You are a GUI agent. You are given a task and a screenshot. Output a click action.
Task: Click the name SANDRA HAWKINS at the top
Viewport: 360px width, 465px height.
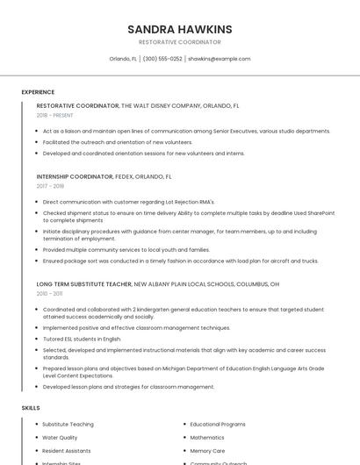click(x=180, y=29)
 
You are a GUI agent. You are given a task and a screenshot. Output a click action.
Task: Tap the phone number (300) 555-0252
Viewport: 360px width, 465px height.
click(x=162, y=59)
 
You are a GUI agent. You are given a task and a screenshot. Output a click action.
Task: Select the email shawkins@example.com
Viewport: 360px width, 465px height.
click(x=220, y=59)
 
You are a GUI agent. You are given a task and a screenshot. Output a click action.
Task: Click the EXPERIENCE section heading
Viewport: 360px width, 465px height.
click(x=38, y=92)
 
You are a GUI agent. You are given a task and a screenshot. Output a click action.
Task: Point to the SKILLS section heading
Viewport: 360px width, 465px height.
click(x=31, y=408)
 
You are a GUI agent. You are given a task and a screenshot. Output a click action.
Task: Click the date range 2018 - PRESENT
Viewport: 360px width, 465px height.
click(x=55, y=115)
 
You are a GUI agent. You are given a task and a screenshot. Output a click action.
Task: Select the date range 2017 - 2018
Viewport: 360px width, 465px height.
click(x=51, y=186)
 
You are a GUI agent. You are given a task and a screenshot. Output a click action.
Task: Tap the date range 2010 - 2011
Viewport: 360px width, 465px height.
click(x=49, y=294)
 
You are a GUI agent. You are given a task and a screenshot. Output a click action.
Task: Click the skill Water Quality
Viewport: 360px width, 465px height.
click(x=60, y=437)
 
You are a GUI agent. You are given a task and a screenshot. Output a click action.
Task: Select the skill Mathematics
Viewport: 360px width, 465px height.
click(x=207, y=437)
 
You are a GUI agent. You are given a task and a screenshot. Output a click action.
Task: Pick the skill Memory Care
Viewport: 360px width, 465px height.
click(x=208, y=450)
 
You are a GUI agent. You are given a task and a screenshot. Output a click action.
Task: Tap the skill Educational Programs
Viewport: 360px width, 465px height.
click(x=218, y=424)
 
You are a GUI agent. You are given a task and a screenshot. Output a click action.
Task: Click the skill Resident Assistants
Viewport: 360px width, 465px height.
click(x=67, y=450)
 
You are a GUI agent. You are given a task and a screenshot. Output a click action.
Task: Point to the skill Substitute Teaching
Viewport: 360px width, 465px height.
click(x=68, y=424)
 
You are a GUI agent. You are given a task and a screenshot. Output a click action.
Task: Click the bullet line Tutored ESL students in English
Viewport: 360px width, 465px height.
click(x=82, y=339)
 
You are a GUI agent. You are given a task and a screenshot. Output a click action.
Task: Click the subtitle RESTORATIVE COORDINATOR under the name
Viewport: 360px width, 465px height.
click(x=180, y=42)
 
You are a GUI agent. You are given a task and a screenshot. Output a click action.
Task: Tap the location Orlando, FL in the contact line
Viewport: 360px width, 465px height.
click(x=123, y=59)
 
